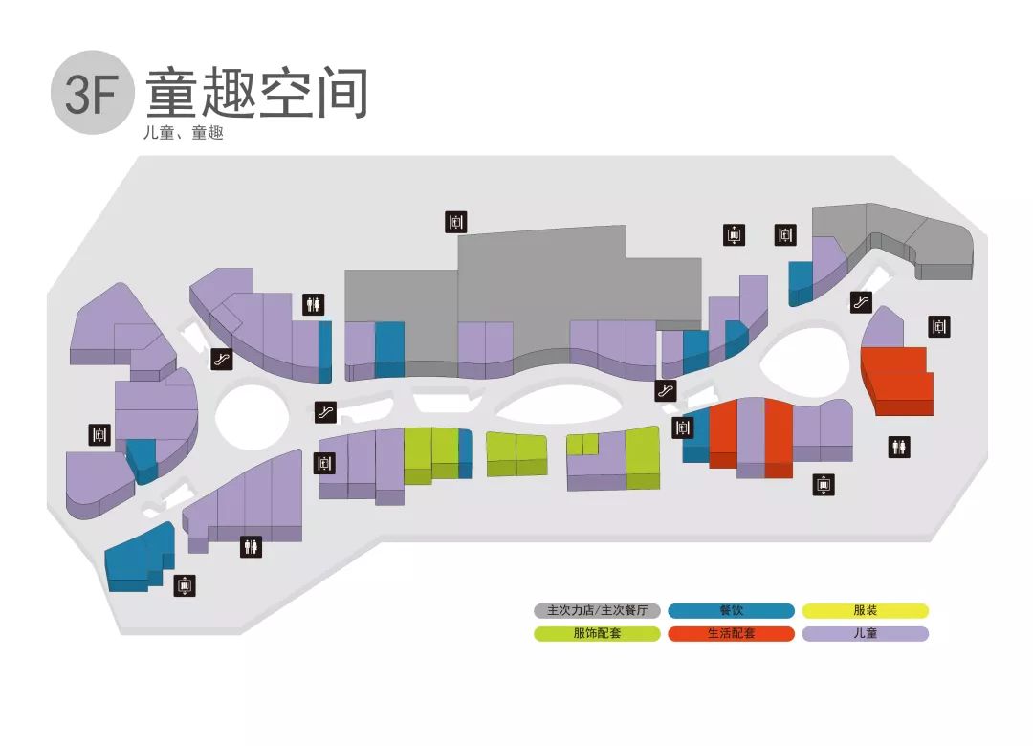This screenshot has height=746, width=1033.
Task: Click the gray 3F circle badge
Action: point(91,93)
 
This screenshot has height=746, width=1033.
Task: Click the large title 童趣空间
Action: point(256,93)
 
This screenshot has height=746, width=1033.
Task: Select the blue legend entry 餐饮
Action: point(731,610)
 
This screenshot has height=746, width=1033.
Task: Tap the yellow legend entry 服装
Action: point(865,610)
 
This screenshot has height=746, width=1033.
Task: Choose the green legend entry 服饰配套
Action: point(597,633)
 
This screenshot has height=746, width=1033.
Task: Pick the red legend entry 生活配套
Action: point(731,633)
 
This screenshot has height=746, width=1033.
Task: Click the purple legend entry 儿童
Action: point(865,633)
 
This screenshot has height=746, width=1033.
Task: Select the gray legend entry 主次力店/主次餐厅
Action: point(597,610)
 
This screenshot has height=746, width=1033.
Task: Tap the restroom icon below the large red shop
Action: point(899,447)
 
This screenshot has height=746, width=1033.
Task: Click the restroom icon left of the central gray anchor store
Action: point(314,304)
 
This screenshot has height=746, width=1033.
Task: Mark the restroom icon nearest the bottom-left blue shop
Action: point(251,546)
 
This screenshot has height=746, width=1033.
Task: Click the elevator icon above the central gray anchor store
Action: point(456,222)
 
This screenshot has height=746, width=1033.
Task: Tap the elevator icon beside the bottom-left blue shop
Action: point(185,585)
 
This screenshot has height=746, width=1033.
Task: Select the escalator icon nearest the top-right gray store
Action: point(862,303)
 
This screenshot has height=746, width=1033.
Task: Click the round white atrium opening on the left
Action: point(252,417)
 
